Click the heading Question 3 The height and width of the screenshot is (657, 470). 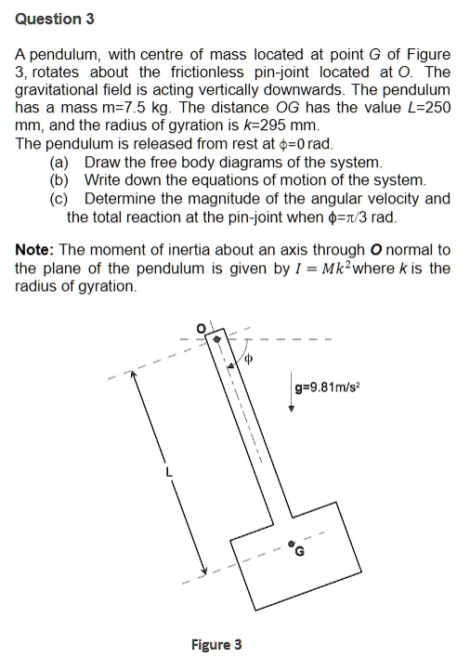[55, 19]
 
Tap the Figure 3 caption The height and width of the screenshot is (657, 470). [216, 644]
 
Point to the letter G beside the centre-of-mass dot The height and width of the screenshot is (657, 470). [299, 551]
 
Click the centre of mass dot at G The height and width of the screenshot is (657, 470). [292, 543]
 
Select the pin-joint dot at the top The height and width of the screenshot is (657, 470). [216, 339]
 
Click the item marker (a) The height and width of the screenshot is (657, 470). [59, 162]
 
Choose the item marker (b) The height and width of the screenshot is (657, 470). [59, 179]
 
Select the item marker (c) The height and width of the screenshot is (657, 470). [59, 198]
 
